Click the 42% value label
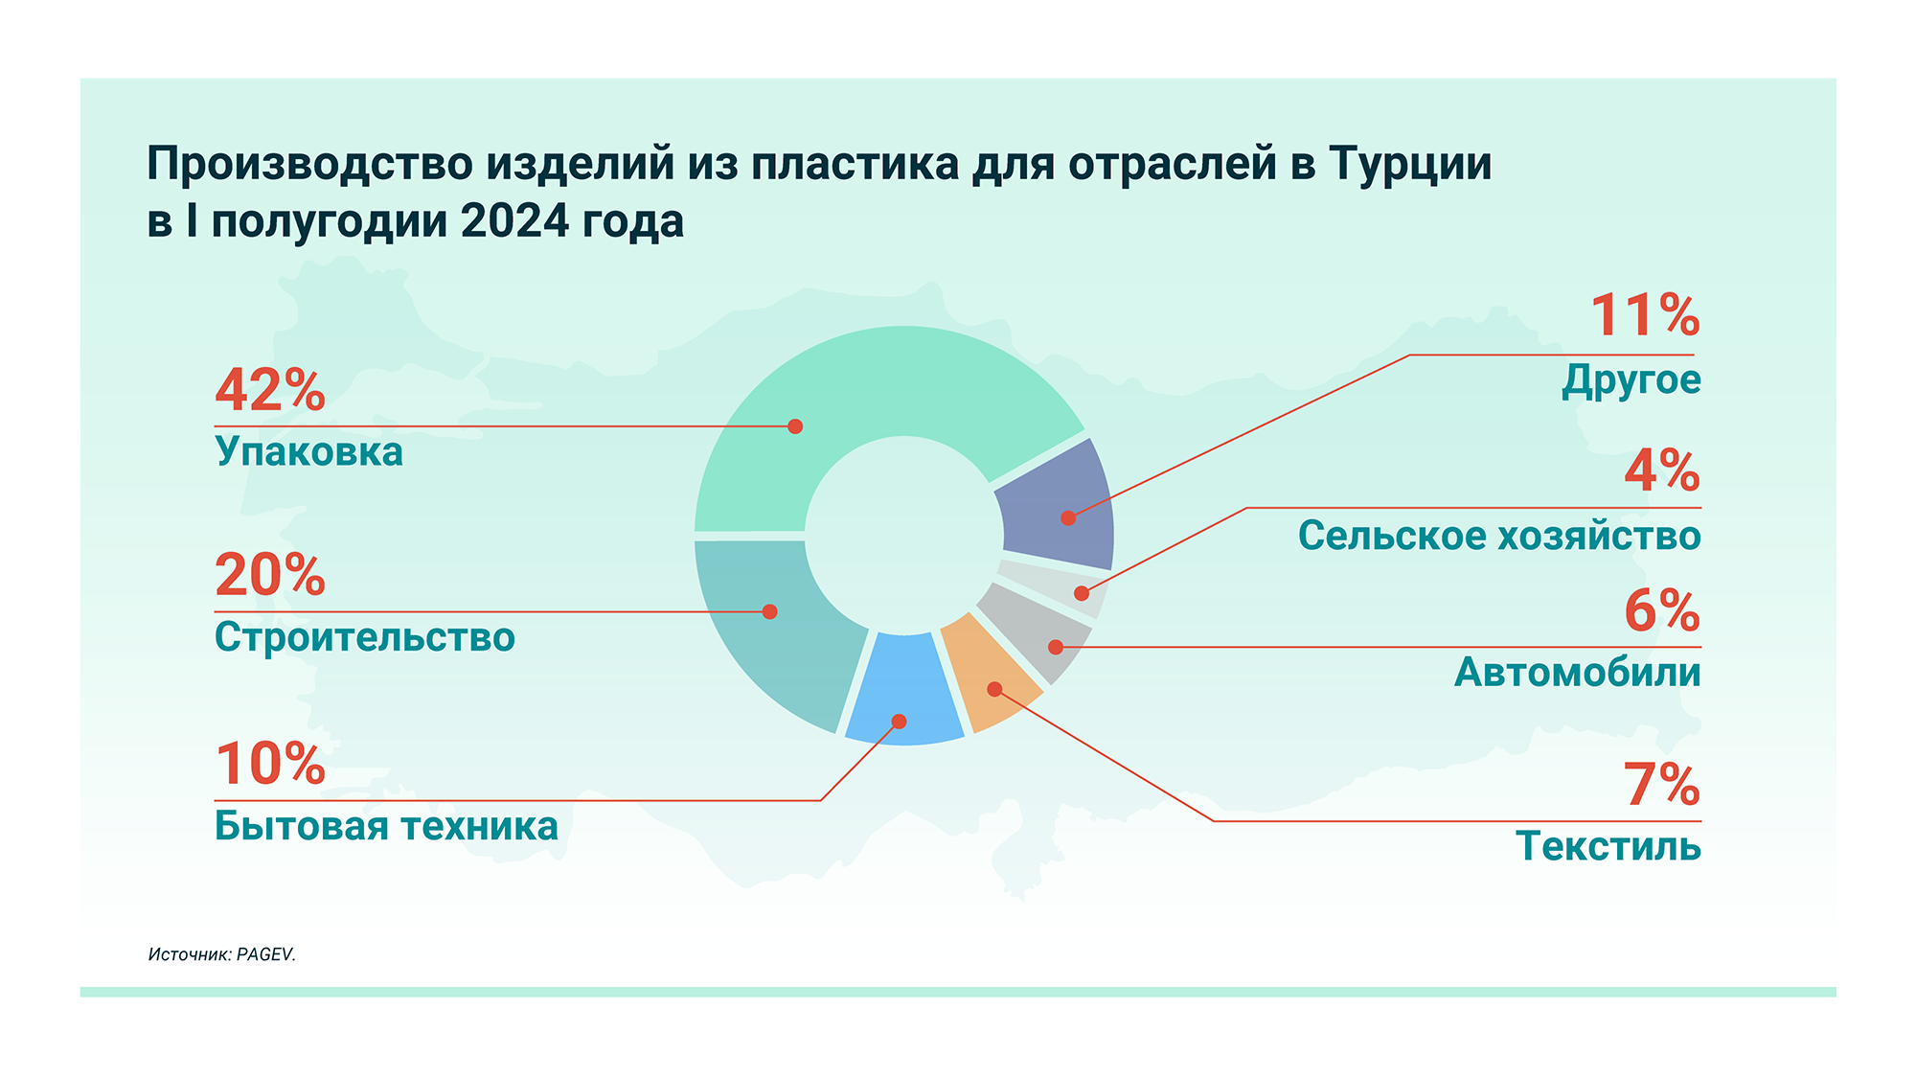point(270,390)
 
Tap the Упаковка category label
point(308,451)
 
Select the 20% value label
point(270,575)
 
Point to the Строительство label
point(365,637)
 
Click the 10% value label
point(270,764)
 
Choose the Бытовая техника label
point(386,826)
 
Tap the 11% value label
point(1645,315)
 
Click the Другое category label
point(1631,380)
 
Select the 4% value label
point(1662,470)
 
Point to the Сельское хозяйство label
point(1499,536)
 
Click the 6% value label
point(1662,610)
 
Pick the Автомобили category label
point(1578,672)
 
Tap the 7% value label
point(1662,785)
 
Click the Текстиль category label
point(1608,846)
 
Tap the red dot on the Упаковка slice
point(795,426)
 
